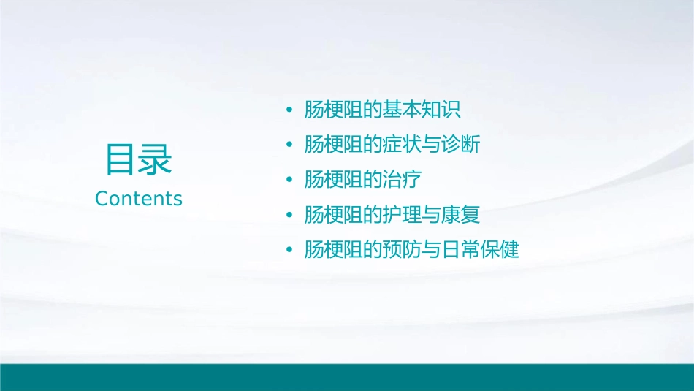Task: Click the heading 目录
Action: (x=139, y=159)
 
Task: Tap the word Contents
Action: (x=139, y=199)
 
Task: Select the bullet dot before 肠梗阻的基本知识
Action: (x=290, y=110)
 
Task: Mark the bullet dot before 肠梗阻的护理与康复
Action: (x=290, y=216)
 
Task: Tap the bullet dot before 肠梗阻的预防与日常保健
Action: (x=290, y=251)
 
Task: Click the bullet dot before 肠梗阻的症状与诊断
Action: (x=290, y=145)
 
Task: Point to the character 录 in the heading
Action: (x=156, y=159)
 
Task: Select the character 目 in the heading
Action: (x=121, y=159)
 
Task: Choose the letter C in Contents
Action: (x=102, y=199)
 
